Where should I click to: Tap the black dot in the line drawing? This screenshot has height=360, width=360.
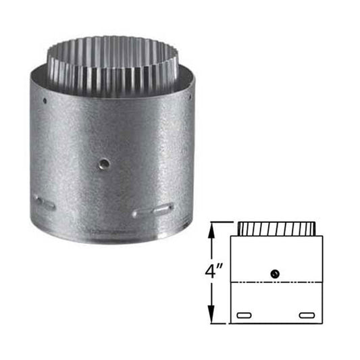coord(274,273)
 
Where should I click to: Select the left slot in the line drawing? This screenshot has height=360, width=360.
coord(244,314)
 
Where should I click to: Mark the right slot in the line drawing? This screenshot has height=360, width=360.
coord(307,314)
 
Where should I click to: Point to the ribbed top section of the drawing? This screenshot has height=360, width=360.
coord(275,228)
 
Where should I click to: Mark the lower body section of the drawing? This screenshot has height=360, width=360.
coord(277,302)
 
